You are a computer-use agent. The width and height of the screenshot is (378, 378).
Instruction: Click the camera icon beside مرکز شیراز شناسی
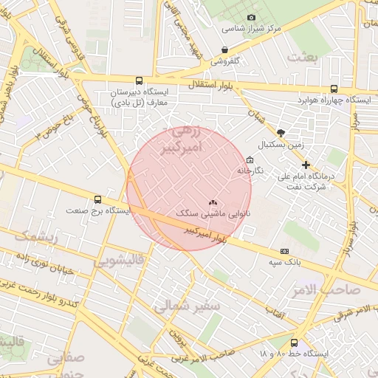[x=250, y=17]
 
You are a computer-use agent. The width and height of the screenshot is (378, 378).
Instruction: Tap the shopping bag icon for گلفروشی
[x=224, y=50]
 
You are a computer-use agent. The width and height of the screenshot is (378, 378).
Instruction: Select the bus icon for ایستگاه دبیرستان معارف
[x=139, y=81]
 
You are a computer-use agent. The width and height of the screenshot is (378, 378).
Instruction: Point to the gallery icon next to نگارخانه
[x=250, y=159]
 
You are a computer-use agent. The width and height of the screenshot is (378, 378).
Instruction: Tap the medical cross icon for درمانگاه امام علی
[x=306, y=165]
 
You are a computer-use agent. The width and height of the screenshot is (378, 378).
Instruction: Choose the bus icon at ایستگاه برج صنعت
[x=97, y=199]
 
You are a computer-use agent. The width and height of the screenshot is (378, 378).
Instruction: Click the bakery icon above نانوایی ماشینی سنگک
[x=213, y=201]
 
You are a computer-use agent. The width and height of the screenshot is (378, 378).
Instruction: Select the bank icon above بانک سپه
[x=284, y=252]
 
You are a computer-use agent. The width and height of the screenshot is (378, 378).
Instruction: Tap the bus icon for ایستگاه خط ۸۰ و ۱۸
[x=295, y=343]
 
